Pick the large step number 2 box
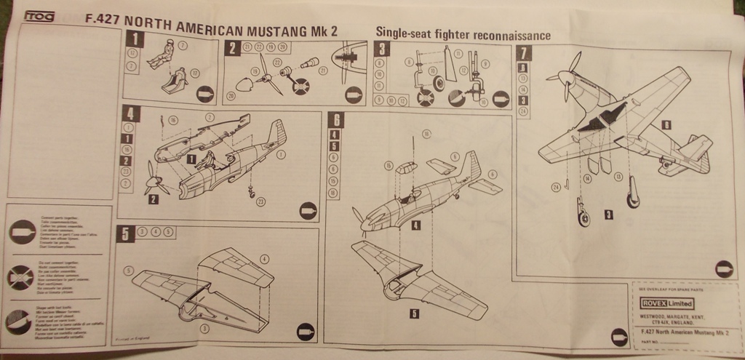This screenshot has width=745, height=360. pos(231,48)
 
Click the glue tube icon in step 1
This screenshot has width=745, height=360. pos(204,92)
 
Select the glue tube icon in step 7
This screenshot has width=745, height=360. pos(723,268)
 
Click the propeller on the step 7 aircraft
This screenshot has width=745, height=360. pos(567,76)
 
